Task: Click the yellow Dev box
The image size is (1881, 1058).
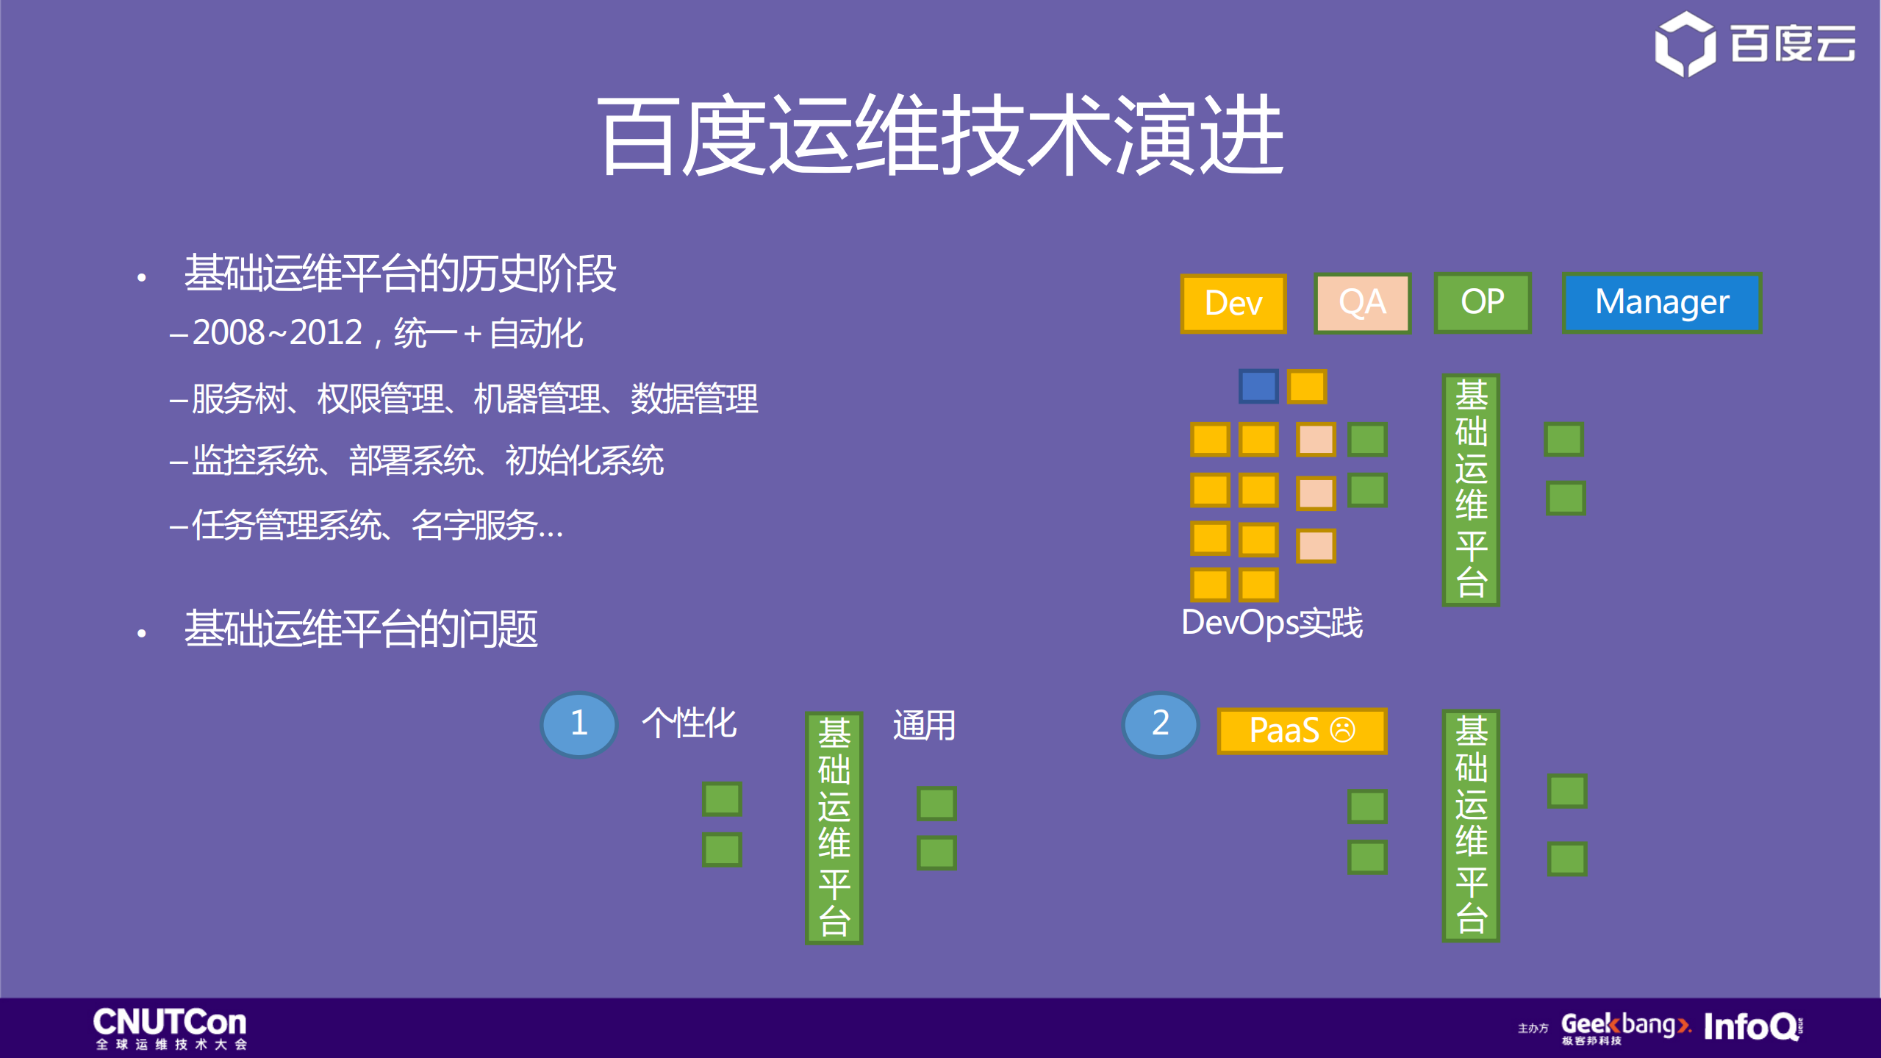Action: (x=1233, y=303)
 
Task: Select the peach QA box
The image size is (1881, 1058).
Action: (x=1362, y=303)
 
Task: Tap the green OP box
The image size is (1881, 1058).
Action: (x=1482, y=302)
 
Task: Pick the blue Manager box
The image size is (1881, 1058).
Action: (x=1661, y=302)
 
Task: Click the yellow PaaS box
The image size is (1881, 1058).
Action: (x=1301, y=730)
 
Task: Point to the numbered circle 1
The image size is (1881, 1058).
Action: (x=578, y=723)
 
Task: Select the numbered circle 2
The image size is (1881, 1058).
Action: (x=1160, y=723)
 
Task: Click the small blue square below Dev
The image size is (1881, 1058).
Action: (x=1258, y=386)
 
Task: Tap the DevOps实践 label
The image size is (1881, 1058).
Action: (x=1271, y=623)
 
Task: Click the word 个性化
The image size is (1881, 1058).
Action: (x=689, y=723)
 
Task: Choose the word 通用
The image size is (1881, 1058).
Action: (x=924, y=726)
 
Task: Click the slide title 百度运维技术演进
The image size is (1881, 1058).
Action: (x=940, y=136)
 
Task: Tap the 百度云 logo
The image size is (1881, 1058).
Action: (x=1755, y=44)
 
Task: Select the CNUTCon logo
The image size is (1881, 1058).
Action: (x=170, y=1027)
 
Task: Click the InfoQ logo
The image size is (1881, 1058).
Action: (x=1752, y=1026)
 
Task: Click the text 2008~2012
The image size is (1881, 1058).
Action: (x=277, y=333)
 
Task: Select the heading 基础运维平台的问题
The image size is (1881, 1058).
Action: (x=360, y=629)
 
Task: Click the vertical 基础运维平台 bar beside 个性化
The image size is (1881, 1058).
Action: (x=834, y=827)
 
